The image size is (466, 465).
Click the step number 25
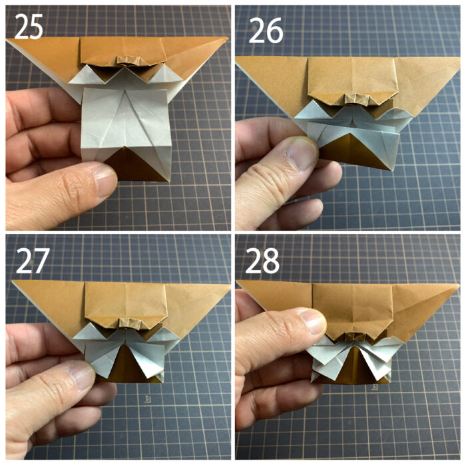[29, 27]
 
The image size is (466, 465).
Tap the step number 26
[266, 30]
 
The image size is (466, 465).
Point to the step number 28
[262, 260]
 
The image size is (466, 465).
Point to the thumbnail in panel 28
[312, 321]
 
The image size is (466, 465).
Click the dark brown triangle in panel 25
[134, 166]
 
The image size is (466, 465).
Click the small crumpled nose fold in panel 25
[128, 61]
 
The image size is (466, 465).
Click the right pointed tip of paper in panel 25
[227, 38]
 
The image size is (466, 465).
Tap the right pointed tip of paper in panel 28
[458, 285]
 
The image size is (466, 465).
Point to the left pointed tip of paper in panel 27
[13, 282]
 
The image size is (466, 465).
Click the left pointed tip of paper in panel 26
[237, 58]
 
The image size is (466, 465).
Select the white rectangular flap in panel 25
[126, 124]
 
